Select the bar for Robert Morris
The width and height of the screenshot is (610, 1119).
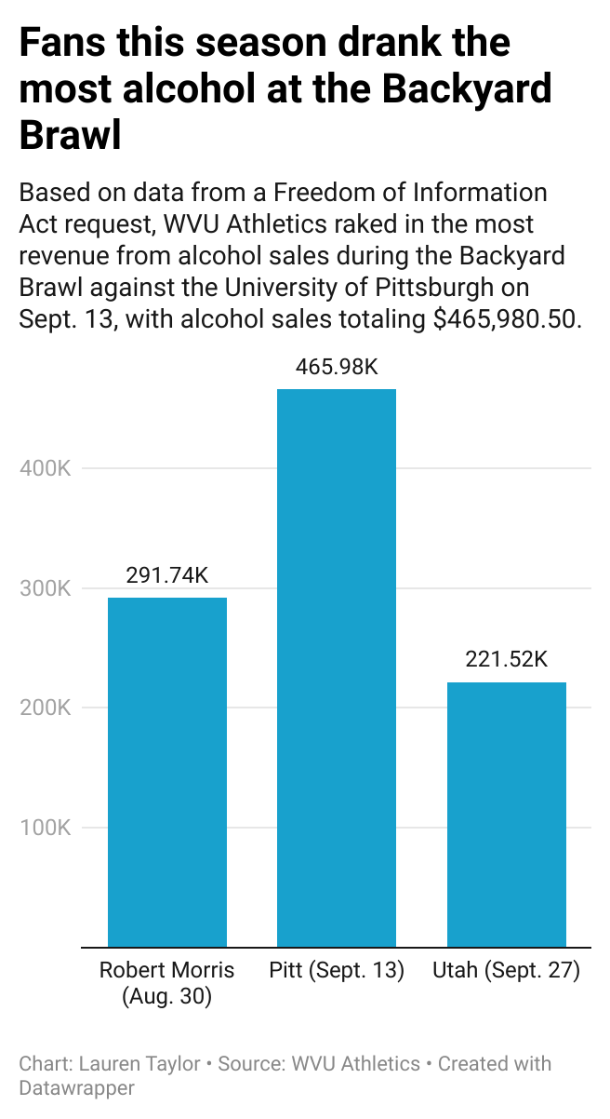167,773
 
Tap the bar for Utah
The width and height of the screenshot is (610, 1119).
507,815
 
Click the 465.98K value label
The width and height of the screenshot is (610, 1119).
337,367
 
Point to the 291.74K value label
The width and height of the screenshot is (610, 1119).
167,575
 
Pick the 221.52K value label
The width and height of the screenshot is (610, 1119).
507,660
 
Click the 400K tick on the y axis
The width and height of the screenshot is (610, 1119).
46,468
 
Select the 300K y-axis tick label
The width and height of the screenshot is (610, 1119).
46,588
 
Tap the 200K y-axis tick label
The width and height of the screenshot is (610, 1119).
46,708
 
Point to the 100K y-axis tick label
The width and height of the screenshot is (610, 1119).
46,828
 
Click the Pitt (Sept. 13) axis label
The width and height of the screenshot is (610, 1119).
337,971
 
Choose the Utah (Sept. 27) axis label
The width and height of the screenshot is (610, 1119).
507,971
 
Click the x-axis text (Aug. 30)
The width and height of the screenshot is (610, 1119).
167,997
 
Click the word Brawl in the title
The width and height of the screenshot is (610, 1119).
71,135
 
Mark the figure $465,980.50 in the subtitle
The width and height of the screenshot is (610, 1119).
507,319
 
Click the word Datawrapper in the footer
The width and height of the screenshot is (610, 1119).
76,1087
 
